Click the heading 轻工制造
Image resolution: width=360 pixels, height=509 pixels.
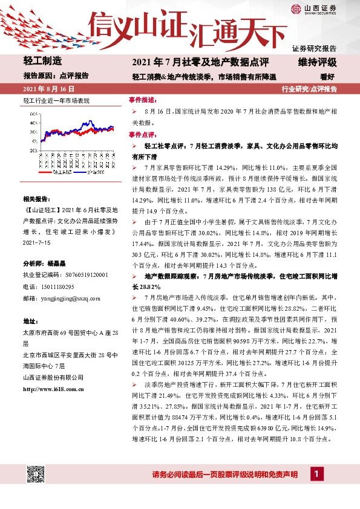(42, 62)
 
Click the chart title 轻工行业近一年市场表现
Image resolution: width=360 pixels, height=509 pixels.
(56, 100)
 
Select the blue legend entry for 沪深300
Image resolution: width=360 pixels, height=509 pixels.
(90, 173)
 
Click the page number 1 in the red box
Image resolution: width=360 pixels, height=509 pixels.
(315, 474)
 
